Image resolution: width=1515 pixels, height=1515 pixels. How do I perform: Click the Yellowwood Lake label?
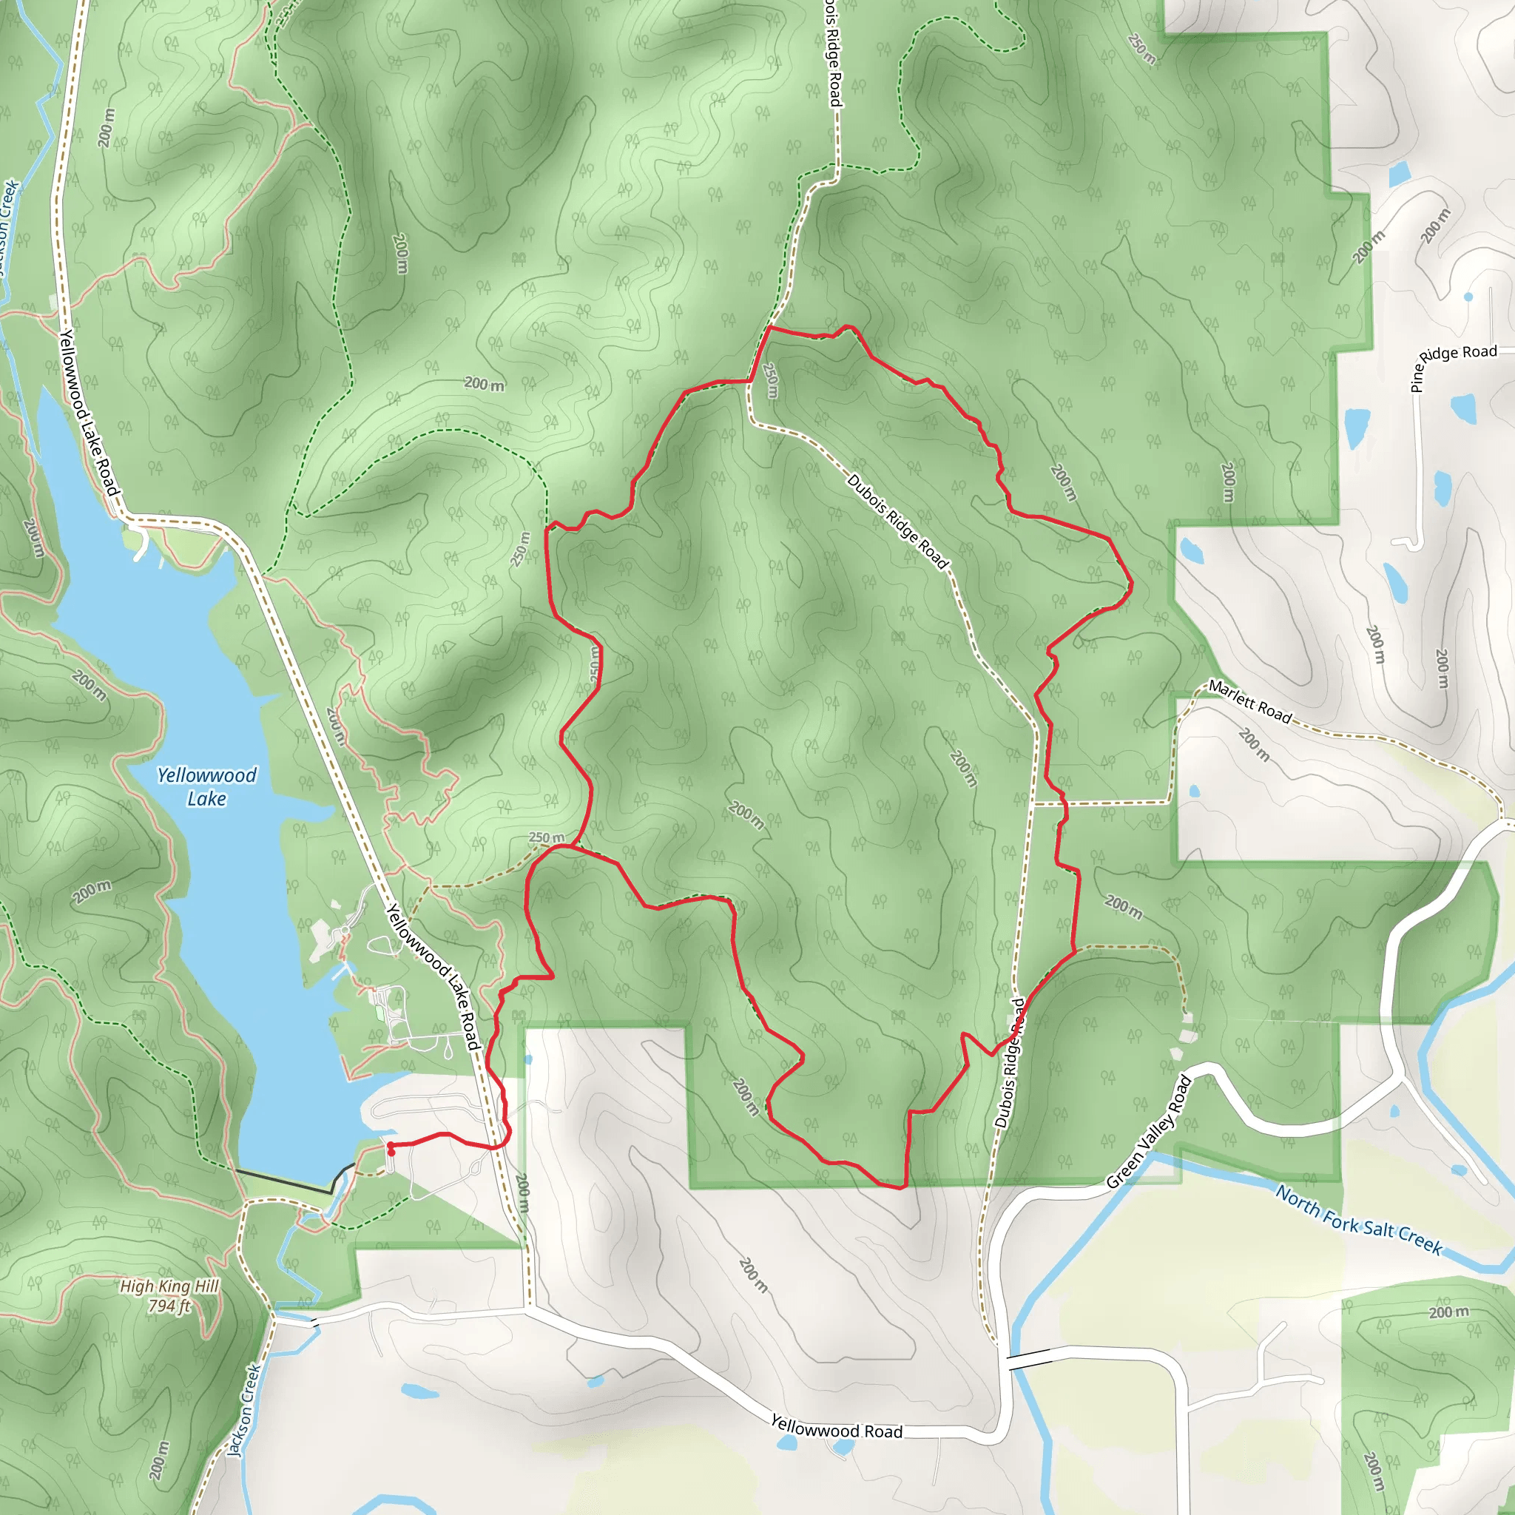pos(206,786)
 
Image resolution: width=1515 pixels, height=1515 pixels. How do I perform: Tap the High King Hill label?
pos(169,1286)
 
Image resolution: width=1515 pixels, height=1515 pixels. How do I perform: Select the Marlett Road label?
pos(1249,701)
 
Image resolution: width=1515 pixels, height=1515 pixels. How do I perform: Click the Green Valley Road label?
pos(1149,1133)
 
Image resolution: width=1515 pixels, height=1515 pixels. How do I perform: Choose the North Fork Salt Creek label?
pos(1358,1219)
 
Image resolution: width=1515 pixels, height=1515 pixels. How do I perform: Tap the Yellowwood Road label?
pos(836,1426)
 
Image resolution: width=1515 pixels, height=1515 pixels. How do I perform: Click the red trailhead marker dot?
pos(391,1149)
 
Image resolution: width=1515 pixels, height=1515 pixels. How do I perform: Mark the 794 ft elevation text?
pos(169,1306)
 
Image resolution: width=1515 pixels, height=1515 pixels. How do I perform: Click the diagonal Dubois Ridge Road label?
pos(897,522)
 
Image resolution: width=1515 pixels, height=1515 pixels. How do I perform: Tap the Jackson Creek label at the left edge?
pos(8,227)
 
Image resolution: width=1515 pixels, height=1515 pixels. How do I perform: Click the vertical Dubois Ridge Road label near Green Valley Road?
pos(1009,1063)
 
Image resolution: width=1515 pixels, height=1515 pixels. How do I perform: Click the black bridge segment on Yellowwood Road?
pos(1029,1360)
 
